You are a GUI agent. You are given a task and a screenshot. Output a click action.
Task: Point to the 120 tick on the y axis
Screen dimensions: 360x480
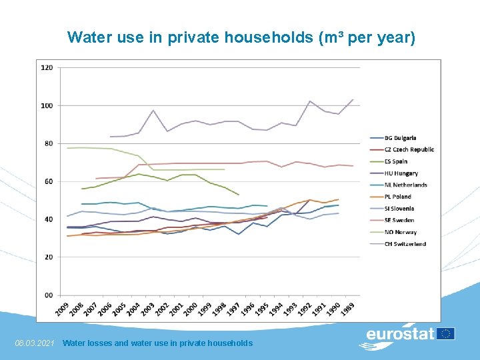coord(47,67)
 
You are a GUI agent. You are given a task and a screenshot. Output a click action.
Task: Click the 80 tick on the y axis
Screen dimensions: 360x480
coord(49,143)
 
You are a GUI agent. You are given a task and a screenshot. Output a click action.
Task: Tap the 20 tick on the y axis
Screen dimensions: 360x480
coord(49,257)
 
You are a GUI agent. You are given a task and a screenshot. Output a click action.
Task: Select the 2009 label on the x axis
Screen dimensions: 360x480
coord(63,309)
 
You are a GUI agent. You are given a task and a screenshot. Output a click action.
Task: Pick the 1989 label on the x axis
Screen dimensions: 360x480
coord(349,309)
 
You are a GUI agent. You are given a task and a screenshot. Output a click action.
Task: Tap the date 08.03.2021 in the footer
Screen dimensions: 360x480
coord(34,343)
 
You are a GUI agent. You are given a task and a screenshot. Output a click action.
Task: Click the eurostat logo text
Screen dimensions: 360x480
coord(400,334)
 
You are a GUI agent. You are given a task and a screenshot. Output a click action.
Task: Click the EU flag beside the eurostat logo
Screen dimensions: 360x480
coord(446,333)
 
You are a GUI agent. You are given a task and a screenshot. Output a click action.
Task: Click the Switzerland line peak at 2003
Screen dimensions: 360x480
coord(153,110)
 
